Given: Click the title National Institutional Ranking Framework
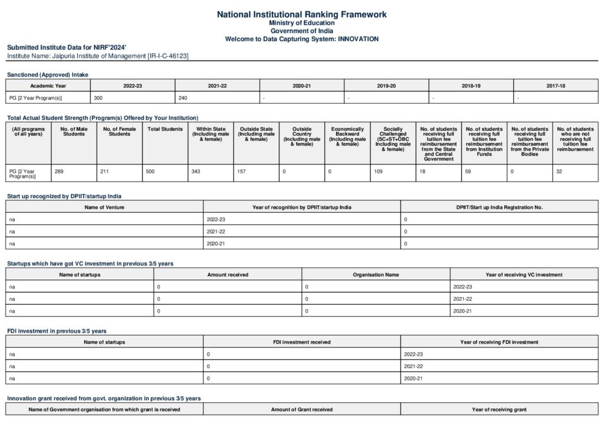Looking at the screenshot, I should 301,14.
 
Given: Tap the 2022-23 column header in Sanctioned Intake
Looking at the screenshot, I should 133,86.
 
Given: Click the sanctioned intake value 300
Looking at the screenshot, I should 99,97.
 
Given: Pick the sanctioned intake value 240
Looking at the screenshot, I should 183,97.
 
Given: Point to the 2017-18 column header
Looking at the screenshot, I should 556,86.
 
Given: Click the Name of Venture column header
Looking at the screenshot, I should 104,207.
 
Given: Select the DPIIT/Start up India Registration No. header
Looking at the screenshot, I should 499,207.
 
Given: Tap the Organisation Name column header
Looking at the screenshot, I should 376,274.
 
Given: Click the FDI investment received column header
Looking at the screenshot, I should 301,342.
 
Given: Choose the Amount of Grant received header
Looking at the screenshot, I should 301,409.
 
